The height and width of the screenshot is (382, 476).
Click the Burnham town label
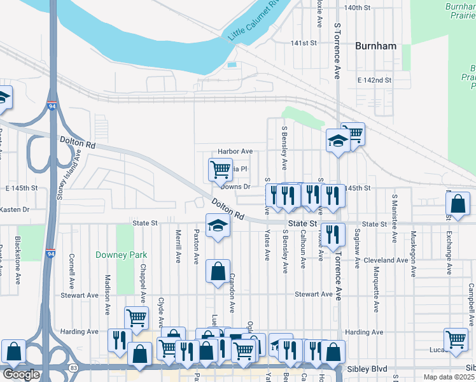pos(376,46)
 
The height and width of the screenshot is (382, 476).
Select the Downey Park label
pos(121,255)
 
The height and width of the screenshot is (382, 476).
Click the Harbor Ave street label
pos(235,152)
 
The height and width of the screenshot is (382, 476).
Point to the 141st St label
pos(304,43)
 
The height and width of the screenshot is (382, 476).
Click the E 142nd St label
pos(374,80)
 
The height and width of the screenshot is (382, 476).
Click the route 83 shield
pos(73,368)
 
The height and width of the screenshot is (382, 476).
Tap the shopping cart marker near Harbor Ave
pos(220,169)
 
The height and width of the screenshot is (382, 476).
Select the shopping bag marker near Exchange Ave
pos(458,204)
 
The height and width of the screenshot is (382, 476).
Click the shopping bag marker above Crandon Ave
pos(218,271)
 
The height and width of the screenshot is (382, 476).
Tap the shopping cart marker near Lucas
pos(456,340)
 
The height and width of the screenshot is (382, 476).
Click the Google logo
pos(22,374)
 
